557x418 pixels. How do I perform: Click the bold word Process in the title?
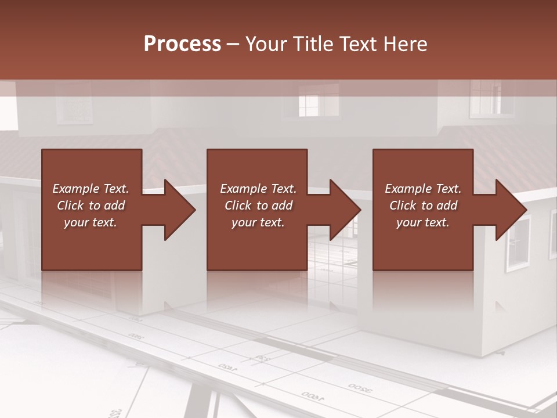click(182, 44)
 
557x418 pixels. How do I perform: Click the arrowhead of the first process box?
click(180, 210)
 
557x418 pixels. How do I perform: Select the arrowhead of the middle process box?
click(345, 210)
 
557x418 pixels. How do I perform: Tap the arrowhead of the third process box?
click(511, 210)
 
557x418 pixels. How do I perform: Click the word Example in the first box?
click(75, 189)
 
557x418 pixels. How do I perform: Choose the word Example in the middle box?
click(243, 189)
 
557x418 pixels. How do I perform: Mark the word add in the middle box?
click(282, 206)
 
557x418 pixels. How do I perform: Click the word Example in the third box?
click(408, 189)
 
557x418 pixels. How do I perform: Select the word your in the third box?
click(408, 222)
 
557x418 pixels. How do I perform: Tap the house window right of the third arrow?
click(518, 243)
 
